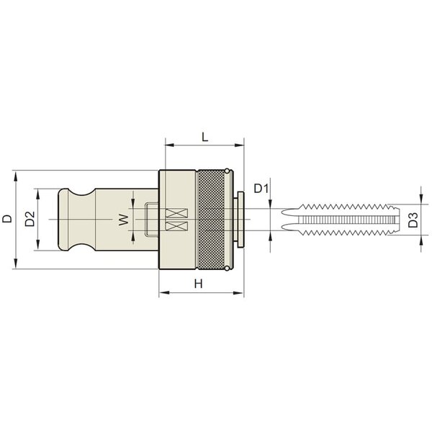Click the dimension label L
click(x=204, y=137)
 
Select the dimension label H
click(x=199, y=284)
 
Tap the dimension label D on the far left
click(x=7, y=218)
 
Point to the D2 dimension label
click(x=30, y=219)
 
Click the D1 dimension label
click(x=261, y=189)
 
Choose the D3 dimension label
click(x=413, y=220)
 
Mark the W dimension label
click(x=124, y=220)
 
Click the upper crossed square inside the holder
click(x=176, y=213)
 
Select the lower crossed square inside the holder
click(x=176, y=226)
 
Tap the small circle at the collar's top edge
click(x=227, y=171)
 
